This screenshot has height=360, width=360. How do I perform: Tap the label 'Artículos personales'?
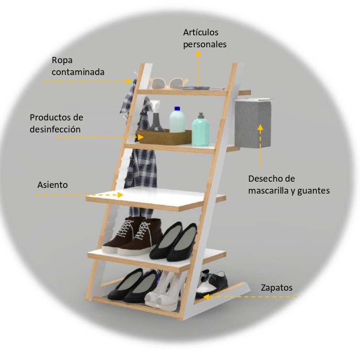205,38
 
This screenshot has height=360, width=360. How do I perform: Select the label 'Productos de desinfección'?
56,123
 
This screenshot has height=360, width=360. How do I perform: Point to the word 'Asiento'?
53,185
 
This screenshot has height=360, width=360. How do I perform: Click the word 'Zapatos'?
276,288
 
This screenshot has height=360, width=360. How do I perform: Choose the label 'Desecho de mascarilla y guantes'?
288,185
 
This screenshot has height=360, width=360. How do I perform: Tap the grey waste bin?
253,123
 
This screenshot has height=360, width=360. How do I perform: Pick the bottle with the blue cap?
177,120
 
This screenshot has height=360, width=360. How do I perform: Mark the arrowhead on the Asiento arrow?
120,195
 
